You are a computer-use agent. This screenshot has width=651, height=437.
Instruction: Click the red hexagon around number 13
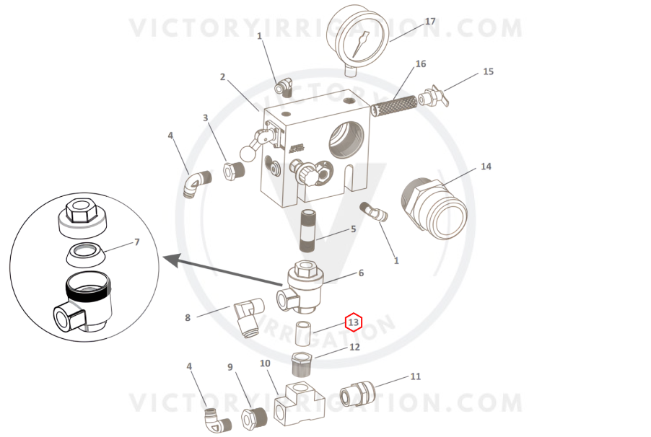point(354,322)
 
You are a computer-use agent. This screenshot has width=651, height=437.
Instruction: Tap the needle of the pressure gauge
point(360,44)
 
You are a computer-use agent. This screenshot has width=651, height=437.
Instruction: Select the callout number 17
point(430,21)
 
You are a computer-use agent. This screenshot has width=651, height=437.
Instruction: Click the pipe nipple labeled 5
point(309,231)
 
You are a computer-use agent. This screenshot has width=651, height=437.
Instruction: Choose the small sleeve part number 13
point(304,333)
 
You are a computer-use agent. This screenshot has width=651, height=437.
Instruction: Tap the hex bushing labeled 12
point(302,364)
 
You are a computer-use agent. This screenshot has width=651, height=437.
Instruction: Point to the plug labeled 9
point(254,418)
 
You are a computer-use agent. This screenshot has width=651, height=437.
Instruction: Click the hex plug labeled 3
point(234,170)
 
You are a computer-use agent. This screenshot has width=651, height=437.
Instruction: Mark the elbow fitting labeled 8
point(249,317)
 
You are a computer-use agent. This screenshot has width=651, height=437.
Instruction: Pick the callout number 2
point(222,76)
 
